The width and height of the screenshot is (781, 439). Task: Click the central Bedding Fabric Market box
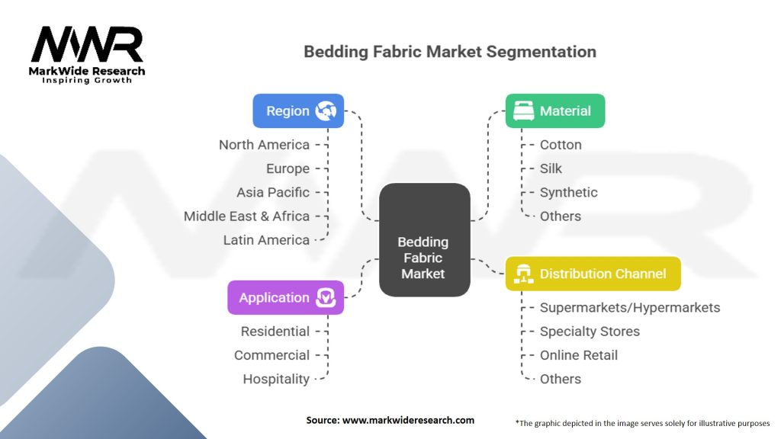(x=424, y=239)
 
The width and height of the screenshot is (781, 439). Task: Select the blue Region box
(x=298, y=111)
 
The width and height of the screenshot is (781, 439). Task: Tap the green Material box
(x=554, y=111)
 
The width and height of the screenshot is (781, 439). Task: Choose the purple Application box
(x=285, y=297)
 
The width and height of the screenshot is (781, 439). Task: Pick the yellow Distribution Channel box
(x=593, y=274)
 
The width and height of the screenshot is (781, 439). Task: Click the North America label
(x=264, y=145)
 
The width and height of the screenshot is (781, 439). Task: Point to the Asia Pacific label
(x=273, y=192)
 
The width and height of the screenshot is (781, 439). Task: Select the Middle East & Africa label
(x=246, y=216)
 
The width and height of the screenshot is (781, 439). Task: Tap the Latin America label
(x=266, y=239)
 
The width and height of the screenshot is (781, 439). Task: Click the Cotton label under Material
(x=561, y=145)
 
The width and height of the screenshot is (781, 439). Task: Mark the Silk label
(x=551, y=168)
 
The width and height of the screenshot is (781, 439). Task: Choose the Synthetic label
(x=568, y=192)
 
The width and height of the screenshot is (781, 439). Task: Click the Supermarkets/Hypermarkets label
(x=629, y=308)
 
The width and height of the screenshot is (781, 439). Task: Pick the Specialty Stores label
(x=590, y=332)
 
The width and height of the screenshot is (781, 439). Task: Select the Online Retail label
(x=578, y=355)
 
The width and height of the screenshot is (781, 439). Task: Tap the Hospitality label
(x=276, y=379)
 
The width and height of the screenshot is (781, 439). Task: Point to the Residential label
(x=275, y=332)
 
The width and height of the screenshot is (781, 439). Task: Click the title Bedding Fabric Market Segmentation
(x=450, y=52)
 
